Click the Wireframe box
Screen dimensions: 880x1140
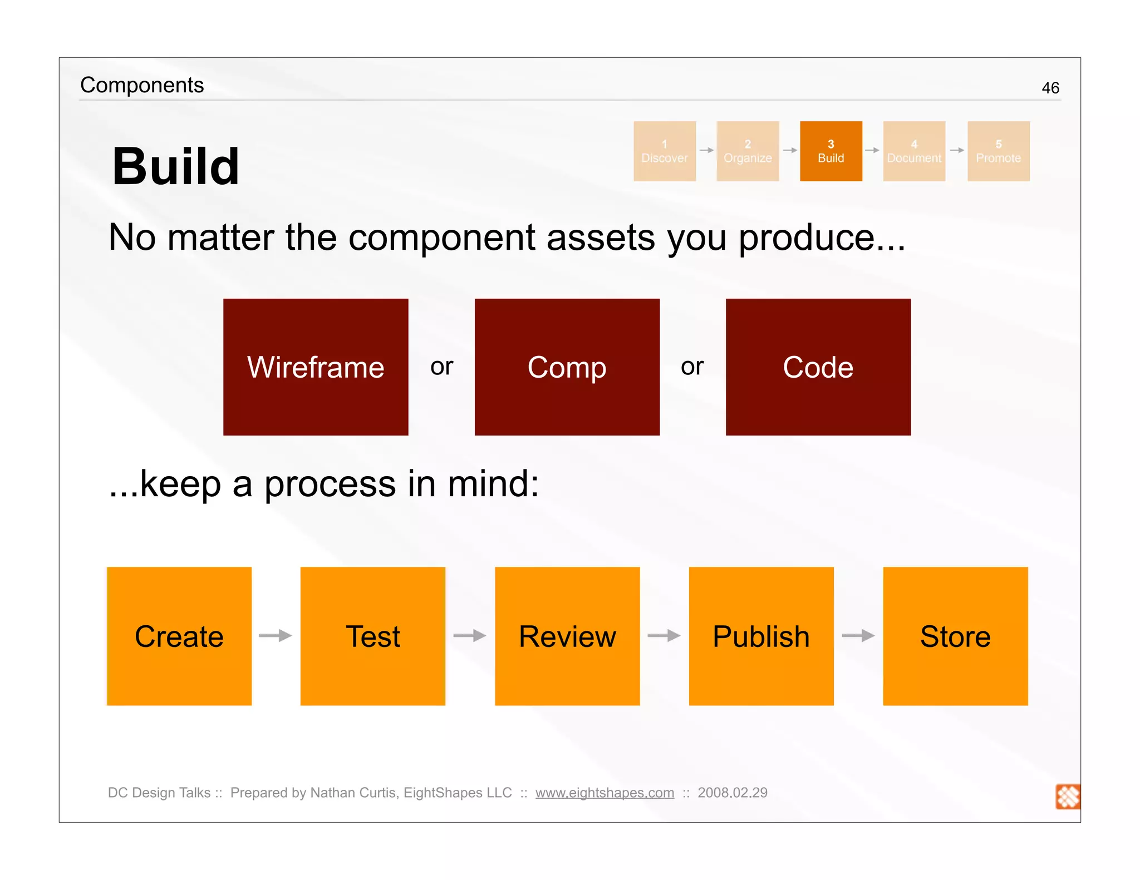(x=316, y=367)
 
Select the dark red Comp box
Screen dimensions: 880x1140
(x=567, y=367)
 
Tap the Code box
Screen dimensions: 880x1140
(x=818, y=367)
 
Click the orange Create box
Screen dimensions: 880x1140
(x=179, y=636)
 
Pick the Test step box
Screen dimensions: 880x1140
(x=372, y=636)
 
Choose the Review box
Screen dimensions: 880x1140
(x=567, y=636)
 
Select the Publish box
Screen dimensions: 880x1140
(x=761, y=636)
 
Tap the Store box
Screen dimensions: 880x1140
(x=955, y=636)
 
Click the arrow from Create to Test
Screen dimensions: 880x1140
(x=276, y=635)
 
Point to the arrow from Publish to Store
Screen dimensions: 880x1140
(x=858, y=635)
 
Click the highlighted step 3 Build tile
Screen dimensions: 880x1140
(x=831, y=151)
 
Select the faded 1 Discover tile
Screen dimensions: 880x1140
(x=665, y=151)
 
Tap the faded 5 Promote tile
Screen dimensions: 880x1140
(x=998, y=151)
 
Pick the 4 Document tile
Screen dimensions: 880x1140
(x=914, y=151)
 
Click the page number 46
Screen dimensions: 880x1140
(x=1050, y=88)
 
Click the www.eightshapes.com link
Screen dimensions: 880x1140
(x=605, y=793)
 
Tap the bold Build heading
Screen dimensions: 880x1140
(x=175, y=166)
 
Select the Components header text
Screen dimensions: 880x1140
(x=142, y=85)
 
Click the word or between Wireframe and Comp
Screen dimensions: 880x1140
(x=442, y=367)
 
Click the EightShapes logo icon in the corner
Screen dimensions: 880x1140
(x=1068, y=797)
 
